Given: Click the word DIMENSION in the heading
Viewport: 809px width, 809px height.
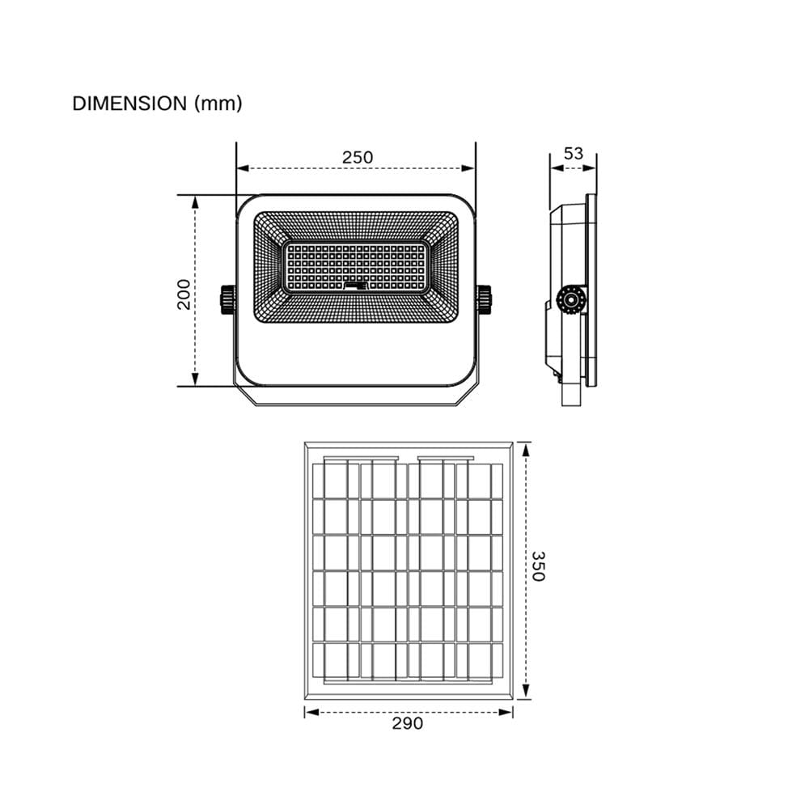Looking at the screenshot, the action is coord(129,104).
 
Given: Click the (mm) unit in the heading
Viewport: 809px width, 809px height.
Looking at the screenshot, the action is coord(218,104).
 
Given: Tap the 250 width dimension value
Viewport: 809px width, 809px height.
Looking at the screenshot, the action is coord(358,157).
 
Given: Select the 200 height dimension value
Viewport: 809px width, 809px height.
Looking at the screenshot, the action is coord(184,294).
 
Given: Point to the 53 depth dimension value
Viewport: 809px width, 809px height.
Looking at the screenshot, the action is coord(574,153).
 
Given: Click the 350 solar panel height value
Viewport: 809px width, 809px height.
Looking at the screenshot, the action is coord(538,566).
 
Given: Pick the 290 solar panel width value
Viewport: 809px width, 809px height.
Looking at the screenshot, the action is coord(408,723).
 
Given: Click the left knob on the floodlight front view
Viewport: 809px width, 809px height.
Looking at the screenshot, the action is coord(227,299).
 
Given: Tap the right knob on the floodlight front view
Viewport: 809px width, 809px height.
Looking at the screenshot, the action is coord(485,299).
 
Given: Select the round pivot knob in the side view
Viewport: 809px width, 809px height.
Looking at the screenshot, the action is coord(570,300).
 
